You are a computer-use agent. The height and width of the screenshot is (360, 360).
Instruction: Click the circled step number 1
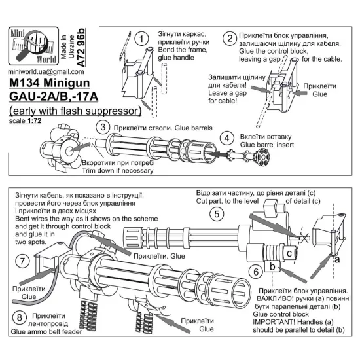(x=140, y=38)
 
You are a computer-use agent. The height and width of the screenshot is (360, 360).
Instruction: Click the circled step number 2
(x=230, y=38)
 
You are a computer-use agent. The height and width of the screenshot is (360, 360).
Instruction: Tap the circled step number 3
(x=102, y=126)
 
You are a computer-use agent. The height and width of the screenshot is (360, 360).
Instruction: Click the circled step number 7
(x=22, y=261)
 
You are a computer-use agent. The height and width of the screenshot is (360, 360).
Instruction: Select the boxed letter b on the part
(x=272, y=266)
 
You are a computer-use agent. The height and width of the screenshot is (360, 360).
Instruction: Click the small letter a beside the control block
(x=338, y=259)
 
